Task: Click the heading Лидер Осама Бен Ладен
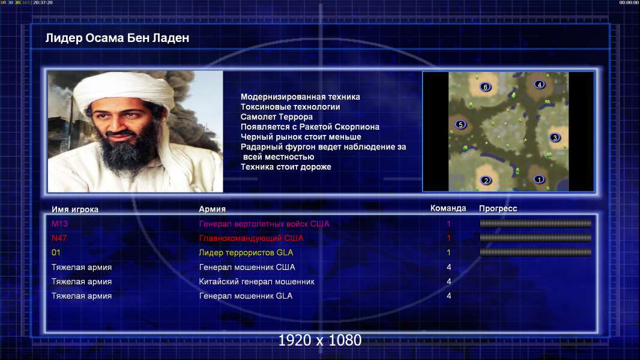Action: coord(117,38)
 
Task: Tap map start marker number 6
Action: coord(485,87)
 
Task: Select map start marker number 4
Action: coord(540,85)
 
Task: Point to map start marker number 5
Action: coord(460,124)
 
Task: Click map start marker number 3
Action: coord(555,137)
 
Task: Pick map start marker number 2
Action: coord(486,180)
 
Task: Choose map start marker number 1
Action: coord(539,179)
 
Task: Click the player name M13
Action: coord(59,223)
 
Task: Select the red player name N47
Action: coord(59,238)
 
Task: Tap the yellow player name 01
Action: coord(56,253)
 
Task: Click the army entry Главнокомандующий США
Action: coord(251,238)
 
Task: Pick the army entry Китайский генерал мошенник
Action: coord(257,281)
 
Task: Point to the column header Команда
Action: coord(448,208)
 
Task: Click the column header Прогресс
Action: coord(498,208)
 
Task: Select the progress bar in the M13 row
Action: coord(536,223)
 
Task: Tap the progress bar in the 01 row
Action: coord(536,253)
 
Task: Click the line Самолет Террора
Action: coord(277,116)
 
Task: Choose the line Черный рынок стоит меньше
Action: coord(301,137)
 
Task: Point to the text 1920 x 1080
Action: coord(320,340)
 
